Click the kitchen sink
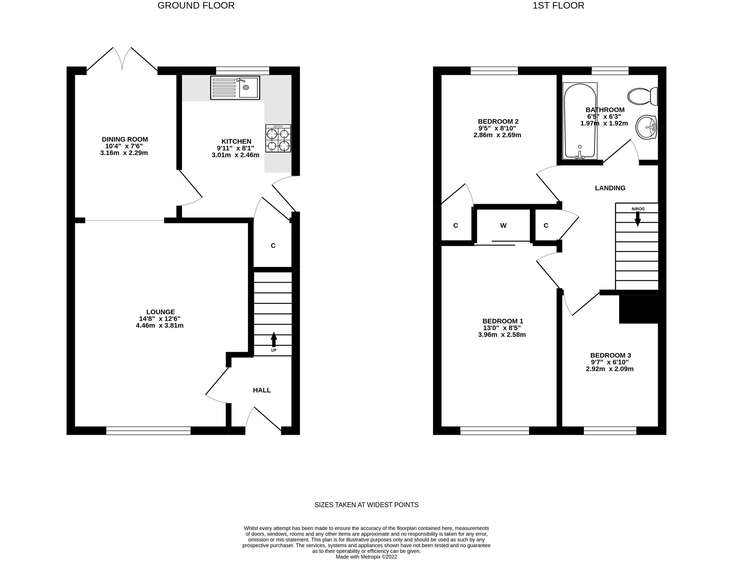click(235, 88)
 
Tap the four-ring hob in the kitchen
click(278, 138)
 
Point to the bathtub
click(580, 121)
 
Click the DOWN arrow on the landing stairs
click(638, 219)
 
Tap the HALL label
click(262, 390)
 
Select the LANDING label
click(610, 188)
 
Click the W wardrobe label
click(503, 225)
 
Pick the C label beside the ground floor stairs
click(273, 246)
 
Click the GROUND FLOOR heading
click(196, 6)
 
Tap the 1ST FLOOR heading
click(558, 6)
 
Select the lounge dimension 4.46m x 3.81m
click(160, 325)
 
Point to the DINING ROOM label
click(125, 139)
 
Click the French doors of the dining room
click(122, 59)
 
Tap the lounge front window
click(148, 431)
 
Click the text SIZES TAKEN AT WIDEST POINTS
click(366, 505)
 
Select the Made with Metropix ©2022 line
click(366, 557)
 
